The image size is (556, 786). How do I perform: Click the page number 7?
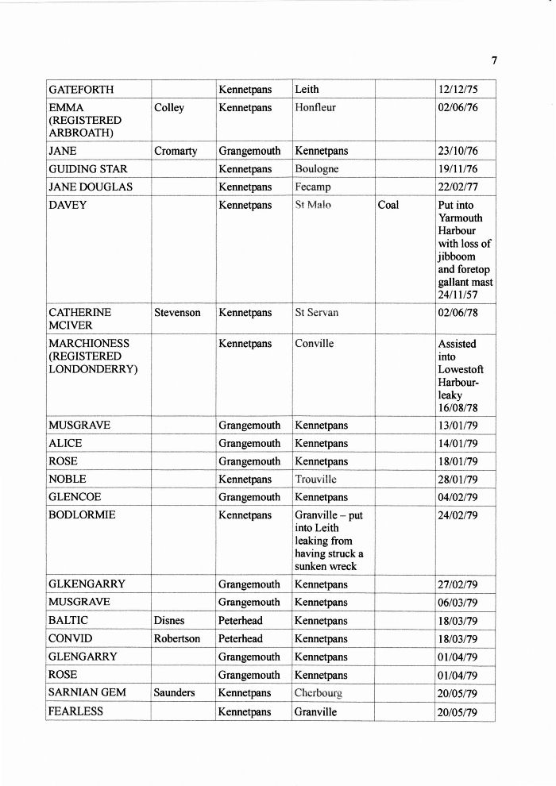click(494, 61)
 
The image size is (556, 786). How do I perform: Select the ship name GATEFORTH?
click(81, 90)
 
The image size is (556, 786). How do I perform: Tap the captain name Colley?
click(169, 108)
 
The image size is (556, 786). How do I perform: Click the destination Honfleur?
click(315, 108)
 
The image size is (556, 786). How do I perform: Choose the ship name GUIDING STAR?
click(88, 169)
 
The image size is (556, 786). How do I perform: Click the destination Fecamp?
click(313, 187)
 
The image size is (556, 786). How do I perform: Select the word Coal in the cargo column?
click(388, 205)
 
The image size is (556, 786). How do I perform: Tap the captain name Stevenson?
click(177, 313)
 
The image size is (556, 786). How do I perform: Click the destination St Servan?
click(316, 313)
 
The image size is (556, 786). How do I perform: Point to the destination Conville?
click(315, 344)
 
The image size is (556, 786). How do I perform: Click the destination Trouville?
click(316, 480)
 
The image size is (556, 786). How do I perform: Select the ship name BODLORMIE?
click(82, 515)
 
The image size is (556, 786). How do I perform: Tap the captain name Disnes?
click(169, 621)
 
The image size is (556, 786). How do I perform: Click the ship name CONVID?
click(71, 639)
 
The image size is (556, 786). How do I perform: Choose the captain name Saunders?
click(174, 693)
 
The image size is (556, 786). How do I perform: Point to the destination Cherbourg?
click(319, 693)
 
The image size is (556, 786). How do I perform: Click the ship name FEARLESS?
click(76, 711)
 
